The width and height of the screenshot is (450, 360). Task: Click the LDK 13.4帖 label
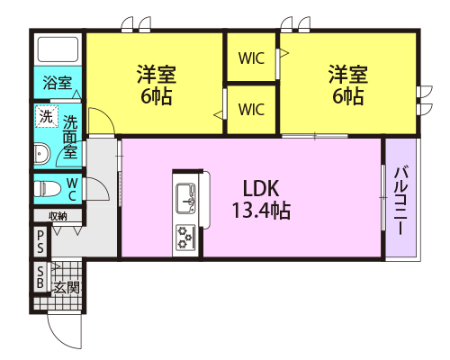coord(261,200)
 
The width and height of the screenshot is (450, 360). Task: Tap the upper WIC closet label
coord(251,58)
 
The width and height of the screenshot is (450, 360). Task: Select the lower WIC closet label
coord(251,109)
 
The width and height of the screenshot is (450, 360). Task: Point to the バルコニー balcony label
coord(400,199)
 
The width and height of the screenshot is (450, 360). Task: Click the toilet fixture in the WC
coord(47,189)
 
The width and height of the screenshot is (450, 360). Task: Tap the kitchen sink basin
coord(185,198)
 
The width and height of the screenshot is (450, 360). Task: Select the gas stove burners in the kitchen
coord(185,238)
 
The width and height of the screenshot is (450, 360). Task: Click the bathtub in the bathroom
coord(58,49)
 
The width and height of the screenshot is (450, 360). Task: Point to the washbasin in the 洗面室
coord(41,154)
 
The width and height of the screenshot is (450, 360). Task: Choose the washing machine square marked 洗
coord(46,116)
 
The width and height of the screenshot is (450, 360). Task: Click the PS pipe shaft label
coord(40,241)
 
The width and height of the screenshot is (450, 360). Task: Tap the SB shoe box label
coord(40,277)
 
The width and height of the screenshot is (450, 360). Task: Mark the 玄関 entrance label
coord(67,288)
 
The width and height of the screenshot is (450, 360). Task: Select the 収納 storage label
coord(58,216)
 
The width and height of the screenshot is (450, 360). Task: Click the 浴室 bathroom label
coord(58,83)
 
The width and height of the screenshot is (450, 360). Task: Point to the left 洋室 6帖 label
coord(157,85)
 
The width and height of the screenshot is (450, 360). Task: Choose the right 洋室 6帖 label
coord(348,85)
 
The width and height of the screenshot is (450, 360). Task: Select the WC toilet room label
coord(72,189)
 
